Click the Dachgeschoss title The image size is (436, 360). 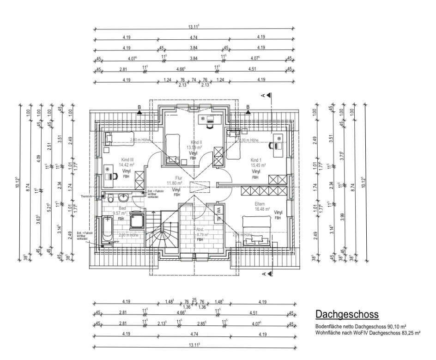pyautogui.click(x=347, y=315)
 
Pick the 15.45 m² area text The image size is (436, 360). pyautogui.click(x=258, y=165)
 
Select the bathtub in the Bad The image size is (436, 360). pyautogui.click(x=106, y=229)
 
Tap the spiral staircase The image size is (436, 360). pyautogui.click(x=163, y=233)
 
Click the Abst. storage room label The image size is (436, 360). pyautogui.click(x=200, y=229)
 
